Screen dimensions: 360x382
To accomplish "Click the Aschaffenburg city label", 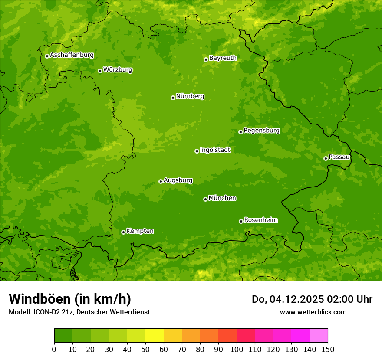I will [72, 55].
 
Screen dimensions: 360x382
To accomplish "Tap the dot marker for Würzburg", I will [100, 71].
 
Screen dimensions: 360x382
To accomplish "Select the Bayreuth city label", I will [223, 58].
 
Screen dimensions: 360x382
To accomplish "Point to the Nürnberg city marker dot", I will [173, 98].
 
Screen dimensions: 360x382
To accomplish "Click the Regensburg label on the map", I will [261, 131].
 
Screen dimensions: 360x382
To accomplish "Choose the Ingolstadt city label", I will [215, 150].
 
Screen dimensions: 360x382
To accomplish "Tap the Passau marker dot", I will [326, 158].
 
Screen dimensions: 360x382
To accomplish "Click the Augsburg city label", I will [178, 180].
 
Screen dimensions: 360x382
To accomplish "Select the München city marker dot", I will [205, 199].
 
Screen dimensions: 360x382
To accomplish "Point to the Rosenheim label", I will [260, 220].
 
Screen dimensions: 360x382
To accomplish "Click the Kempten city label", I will [140, 231].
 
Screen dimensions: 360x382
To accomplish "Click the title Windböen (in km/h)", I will [70, 299].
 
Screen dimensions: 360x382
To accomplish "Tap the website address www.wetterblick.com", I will [313, 312].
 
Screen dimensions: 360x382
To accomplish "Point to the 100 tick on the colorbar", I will [237, 349].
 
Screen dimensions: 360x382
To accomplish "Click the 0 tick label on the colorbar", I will [54, 349].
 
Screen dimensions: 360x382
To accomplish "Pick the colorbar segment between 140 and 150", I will [319, 335].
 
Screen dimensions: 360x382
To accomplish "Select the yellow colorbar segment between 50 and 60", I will [155, 335].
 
